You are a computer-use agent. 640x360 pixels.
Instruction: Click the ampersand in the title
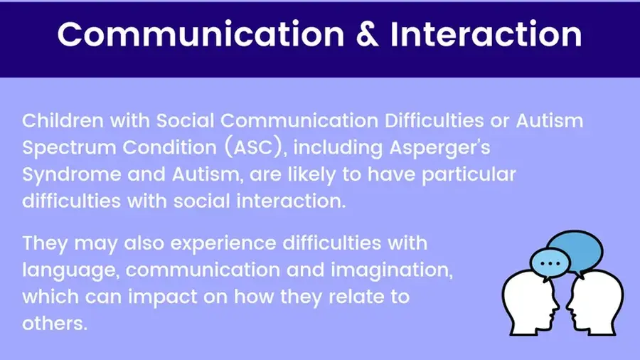click(x=368, y=34)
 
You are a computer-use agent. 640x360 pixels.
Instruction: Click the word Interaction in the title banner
click(x=486, y=34)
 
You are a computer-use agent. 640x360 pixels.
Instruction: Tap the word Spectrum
click(x=69, y=148)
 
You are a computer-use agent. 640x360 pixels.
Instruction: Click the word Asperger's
click(x=439, y=148)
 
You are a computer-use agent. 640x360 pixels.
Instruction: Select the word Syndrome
click(x=72, y=175)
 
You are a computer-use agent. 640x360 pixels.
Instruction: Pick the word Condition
click(x=170, y=147)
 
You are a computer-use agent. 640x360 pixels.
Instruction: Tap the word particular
click(x=469, y=175)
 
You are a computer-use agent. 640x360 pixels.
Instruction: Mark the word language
click(x=70, y=271)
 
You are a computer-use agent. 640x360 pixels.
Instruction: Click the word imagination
click(x=391, y=271)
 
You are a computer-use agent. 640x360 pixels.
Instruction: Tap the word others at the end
click(x=55, y=324)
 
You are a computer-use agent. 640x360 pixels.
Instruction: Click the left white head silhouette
click(x=530, y=303)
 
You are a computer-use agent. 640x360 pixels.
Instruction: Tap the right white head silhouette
click(x=595, y=303)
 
